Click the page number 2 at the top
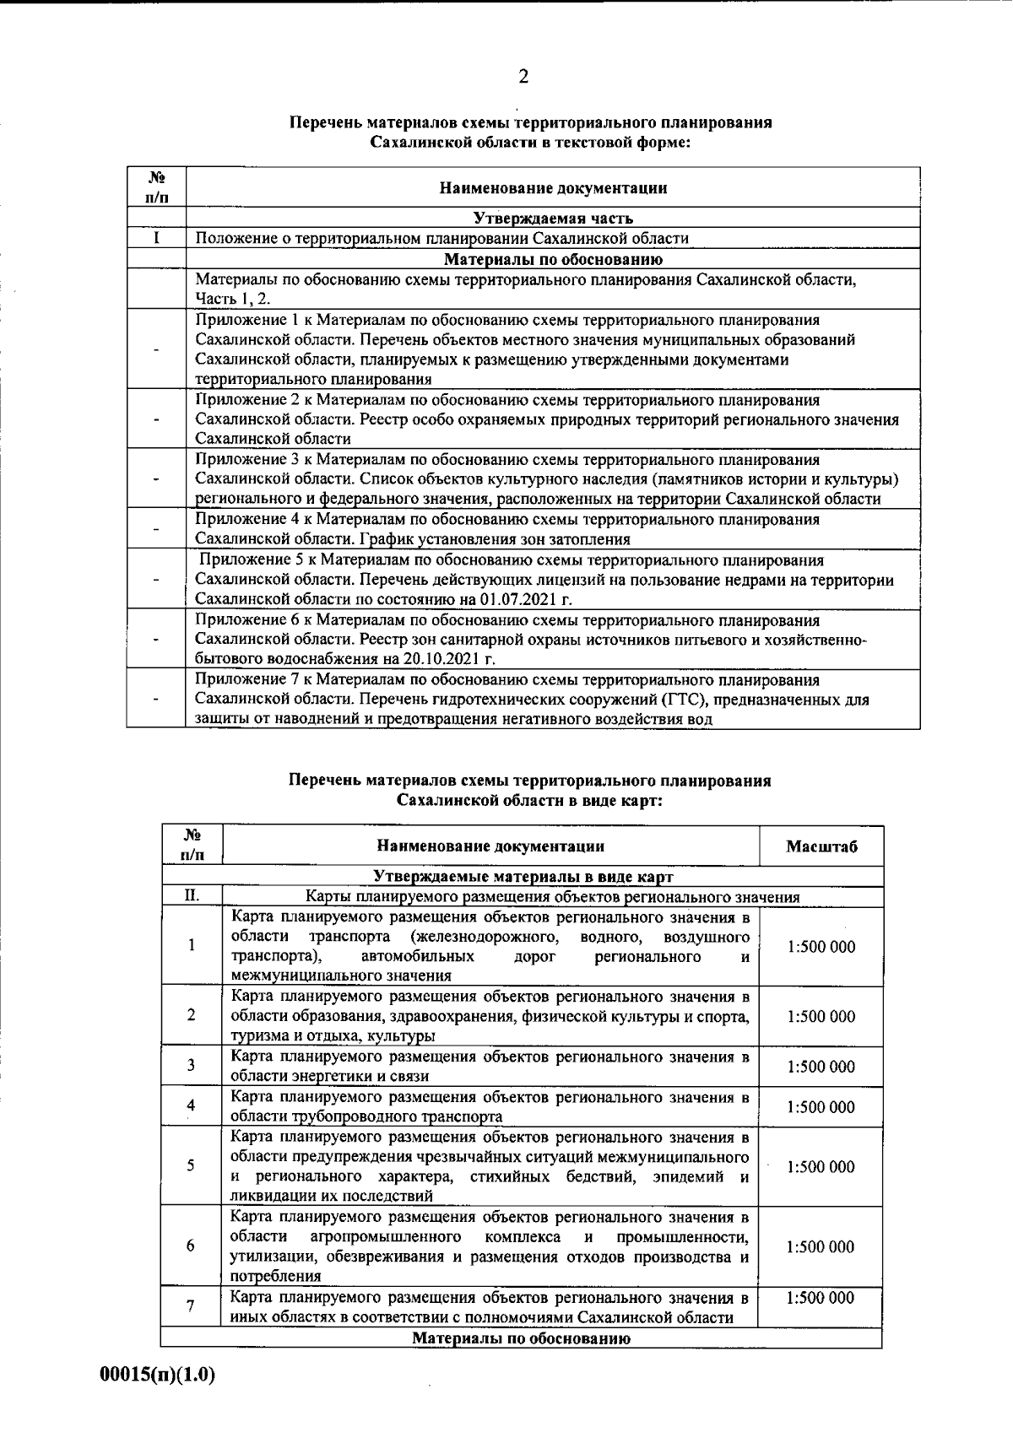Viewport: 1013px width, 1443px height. (x=523, y=78)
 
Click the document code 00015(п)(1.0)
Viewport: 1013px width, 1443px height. (x=158, y=1375)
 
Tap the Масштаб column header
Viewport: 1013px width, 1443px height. (x=821, y=846)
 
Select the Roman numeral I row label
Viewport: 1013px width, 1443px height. (x=156, y=238)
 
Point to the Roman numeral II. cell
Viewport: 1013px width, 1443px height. (x=192, y=896)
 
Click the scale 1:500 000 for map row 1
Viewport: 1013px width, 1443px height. (x=821, y=947)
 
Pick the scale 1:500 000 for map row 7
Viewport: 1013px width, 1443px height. (x=821, y=1298)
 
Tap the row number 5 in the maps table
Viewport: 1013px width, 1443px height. (x=191, y=1166)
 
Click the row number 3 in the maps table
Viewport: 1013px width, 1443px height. (x=191, y=1067)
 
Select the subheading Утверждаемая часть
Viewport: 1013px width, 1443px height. (x=552, y=219)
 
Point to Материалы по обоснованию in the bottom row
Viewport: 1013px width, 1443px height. (x=522, y=1338)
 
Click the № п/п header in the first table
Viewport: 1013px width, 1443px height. (x=156, y=187)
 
